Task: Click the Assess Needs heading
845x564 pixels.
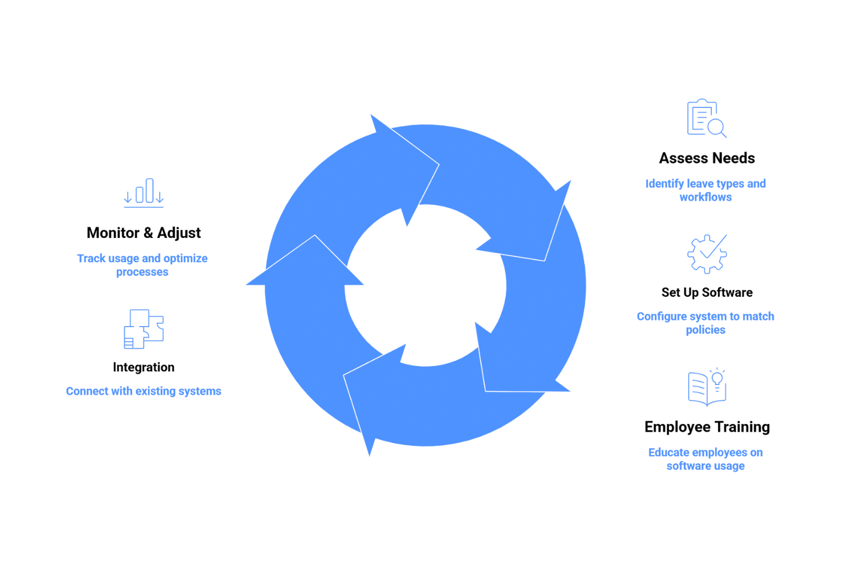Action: tap(707, 159)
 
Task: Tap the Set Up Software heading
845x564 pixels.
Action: tap(707, 292)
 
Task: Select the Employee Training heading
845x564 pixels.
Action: tap(707, 427)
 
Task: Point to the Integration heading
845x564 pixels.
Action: tap(144, 367)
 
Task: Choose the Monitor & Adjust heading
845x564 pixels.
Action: tap(144, 233)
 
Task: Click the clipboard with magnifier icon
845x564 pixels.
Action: tap(706, 118)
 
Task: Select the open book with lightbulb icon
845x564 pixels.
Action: tap(706, 387)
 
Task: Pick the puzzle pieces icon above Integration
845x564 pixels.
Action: tap(144, 329)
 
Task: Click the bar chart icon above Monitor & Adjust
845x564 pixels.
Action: tap(144, 193)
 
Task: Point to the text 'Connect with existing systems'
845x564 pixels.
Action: tap(144, 392)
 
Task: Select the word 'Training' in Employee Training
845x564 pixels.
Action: tap(742, 427)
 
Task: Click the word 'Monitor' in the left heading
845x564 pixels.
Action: tap(113, 233)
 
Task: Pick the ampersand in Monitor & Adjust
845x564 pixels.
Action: tap(147, 233)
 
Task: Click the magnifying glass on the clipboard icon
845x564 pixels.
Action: tap(717, 128)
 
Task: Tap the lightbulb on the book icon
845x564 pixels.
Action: tap(717, 377)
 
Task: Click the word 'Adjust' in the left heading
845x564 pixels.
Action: tap(179, 233)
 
